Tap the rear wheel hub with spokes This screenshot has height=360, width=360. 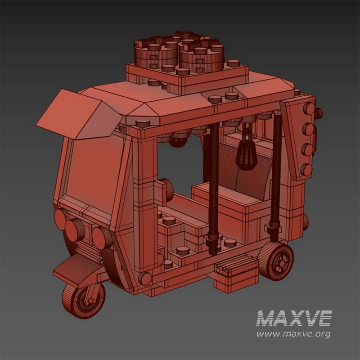click(282, 261)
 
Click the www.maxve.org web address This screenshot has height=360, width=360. click(293, 334)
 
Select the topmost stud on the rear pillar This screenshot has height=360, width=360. click(309, 109)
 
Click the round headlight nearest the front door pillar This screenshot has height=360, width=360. click(100, 235)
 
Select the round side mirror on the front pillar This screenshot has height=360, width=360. click(166, 188)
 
